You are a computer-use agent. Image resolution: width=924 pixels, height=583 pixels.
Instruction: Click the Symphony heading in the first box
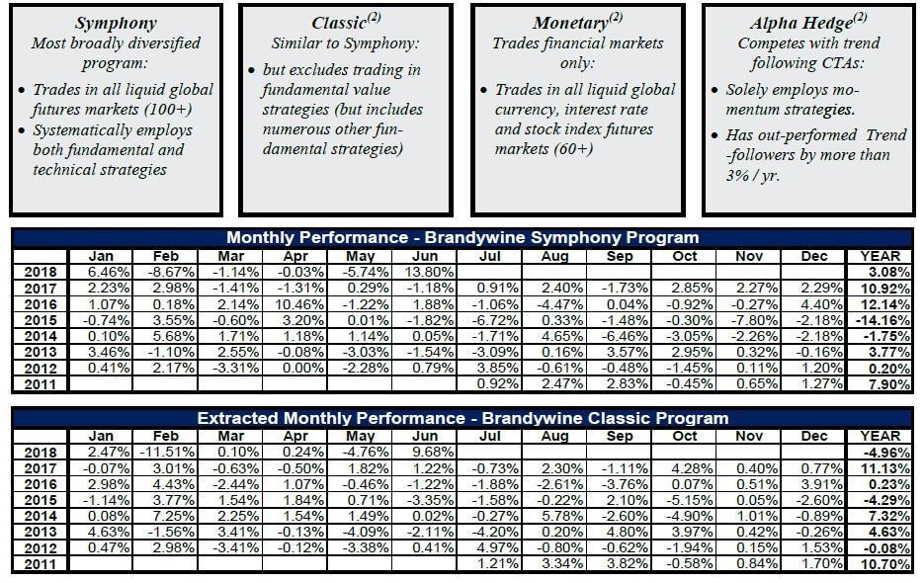[x=116, y=23]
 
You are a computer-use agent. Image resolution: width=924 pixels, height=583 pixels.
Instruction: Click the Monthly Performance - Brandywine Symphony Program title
[x=462, y=237]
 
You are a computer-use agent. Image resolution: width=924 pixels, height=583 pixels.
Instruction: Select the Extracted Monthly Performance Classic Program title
[x=462, y=418]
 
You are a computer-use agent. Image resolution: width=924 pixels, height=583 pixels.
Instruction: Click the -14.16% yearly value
[x=882, y=320]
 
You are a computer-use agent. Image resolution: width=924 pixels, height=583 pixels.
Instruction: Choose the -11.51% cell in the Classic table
[x=166, y=452]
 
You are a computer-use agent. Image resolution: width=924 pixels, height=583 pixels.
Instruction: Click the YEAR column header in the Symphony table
[x=880, y=255]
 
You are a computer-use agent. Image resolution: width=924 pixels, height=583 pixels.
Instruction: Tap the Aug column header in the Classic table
[x=555, y=435]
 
